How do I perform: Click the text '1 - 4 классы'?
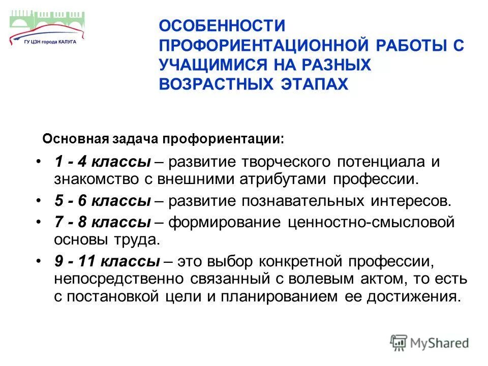[102, 162]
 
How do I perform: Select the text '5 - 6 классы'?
[102, 200]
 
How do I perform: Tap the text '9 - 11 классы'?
[107, 262]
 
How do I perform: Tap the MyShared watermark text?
[438, 343]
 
